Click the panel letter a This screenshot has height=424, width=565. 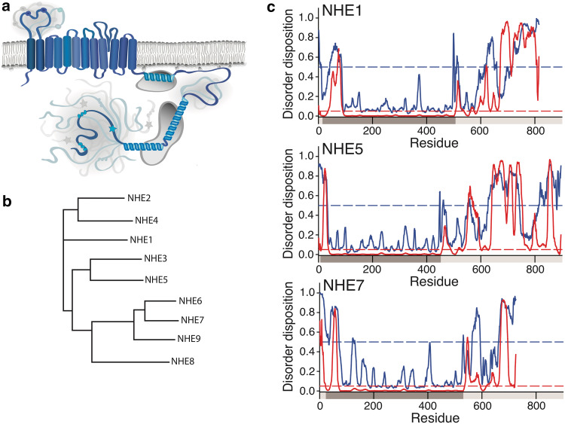pos(5,7)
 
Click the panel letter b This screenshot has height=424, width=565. pos(5,182)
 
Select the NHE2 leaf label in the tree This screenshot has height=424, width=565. pos(131,200)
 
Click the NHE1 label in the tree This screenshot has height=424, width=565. pos(131,239)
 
